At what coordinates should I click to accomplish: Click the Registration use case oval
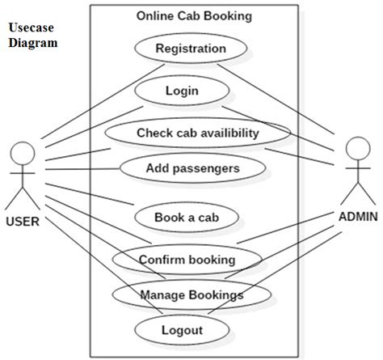[x=191, y=49]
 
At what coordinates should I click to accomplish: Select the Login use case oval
[x=181, y=91]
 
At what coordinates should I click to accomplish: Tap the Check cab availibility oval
[x=197, y=133]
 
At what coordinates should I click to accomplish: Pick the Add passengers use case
[x=192, y=168]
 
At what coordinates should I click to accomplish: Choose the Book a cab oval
[x=186, y=217]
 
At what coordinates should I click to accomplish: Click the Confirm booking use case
[x=187, y=260]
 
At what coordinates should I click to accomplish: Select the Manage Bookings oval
[x=191, y=294]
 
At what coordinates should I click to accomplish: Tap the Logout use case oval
[x=182, y=329]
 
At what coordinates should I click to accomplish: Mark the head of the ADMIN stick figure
[x=357, y=148]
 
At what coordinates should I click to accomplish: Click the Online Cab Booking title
[x=193, y=15]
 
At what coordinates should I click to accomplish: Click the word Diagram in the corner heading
[x=33, y=43]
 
